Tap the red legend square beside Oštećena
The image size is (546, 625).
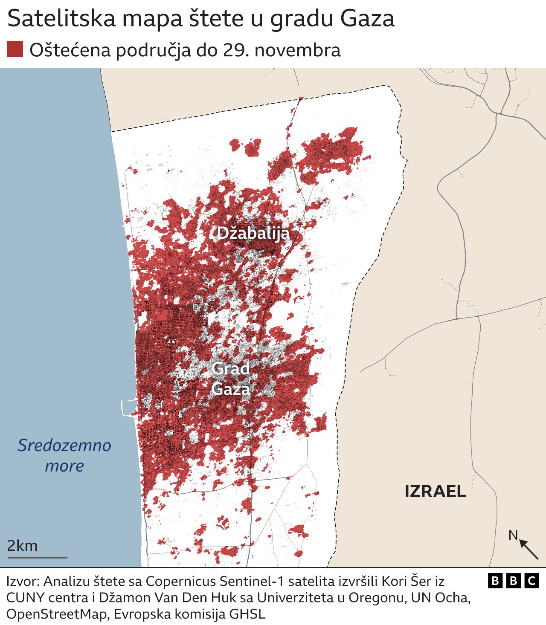(15, 49)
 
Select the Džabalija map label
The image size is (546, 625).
(253, 233)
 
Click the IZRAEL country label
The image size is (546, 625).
(435, 492)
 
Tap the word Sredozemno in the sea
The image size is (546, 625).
(64, 446)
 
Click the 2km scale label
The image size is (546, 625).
(23, 546)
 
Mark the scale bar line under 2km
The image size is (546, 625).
(37, 557)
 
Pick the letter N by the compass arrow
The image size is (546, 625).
(513, 535)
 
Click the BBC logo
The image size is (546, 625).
(514, 581)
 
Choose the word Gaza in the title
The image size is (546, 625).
(367, 19)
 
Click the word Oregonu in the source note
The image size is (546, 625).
(376, 598)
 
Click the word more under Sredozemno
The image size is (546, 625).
(64, 466)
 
